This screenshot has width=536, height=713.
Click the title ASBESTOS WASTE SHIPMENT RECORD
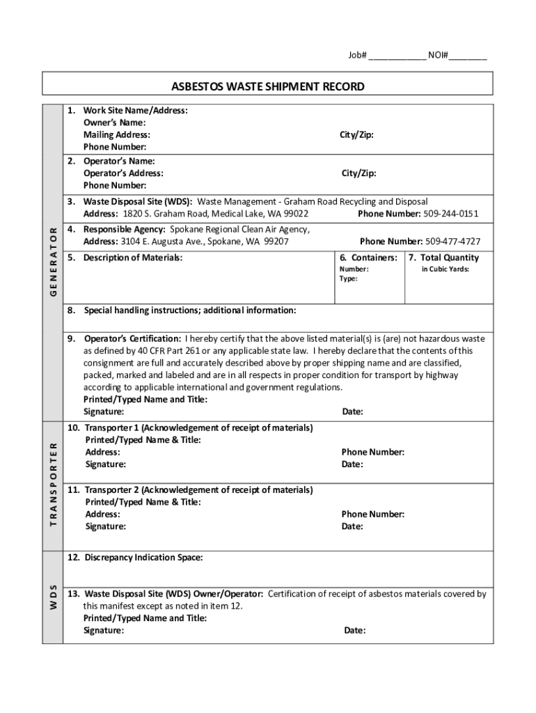268,86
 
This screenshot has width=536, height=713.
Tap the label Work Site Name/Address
135,110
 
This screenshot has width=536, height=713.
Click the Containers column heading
369,258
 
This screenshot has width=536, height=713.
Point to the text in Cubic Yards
446,269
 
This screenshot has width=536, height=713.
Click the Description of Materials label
133,258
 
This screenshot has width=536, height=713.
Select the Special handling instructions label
189,310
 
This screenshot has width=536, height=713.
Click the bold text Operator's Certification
132,339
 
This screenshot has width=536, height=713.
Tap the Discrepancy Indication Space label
143,558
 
